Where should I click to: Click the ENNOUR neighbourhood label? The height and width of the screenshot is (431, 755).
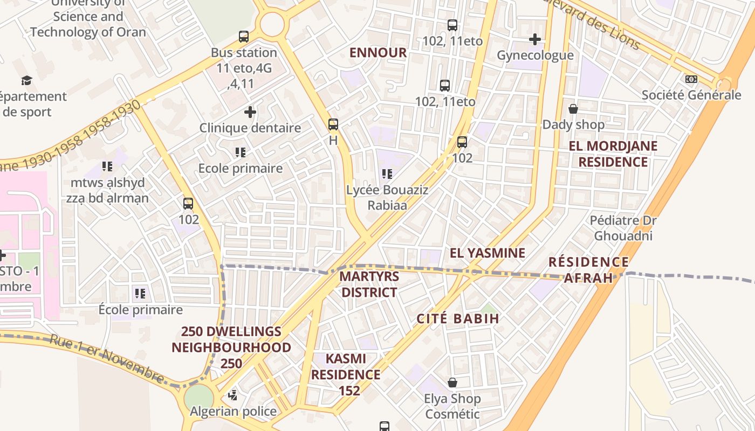tap(377, 52)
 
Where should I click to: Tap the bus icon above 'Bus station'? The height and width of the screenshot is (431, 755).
tap(244, 37)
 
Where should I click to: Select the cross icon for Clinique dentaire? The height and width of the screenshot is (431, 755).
tap(250, 112)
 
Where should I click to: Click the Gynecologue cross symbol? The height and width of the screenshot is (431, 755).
tap(534, 39)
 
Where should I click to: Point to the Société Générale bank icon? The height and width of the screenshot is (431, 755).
tap(691, 79)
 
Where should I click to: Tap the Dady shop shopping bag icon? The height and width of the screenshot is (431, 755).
tap(573, 109)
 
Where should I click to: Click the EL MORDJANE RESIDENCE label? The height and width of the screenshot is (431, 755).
tap(613, 154)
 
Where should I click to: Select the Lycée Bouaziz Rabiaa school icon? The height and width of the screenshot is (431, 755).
tap(387, 174)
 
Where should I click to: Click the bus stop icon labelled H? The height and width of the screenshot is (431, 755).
tap(333, 124)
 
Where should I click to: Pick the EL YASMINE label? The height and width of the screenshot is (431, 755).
tap(488, 253)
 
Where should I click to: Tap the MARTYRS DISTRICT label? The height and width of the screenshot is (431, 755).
tap(369, 284)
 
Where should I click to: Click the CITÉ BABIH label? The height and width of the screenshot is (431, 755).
tap(458, 318)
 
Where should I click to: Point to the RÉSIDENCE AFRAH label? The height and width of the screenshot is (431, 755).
tap(588, 270)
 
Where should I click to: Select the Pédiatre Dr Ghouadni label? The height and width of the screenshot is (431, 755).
tap(623, 228)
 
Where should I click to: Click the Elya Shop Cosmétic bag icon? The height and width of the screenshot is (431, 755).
tap(452, 383)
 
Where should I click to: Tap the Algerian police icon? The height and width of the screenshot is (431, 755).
tap(232, 395)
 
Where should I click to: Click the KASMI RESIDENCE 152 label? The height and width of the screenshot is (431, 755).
tap(346, 374)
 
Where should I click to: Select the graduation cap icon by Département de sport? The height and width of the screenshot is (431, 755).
tap(26, 81)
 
